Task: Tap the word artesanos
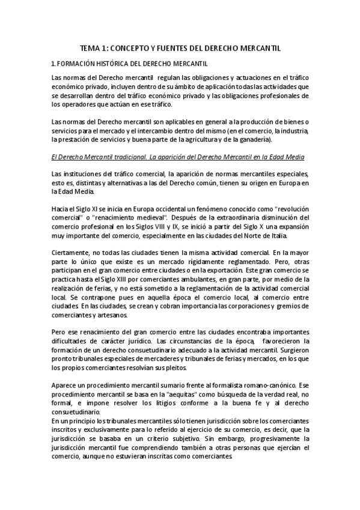click(111, 314)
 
